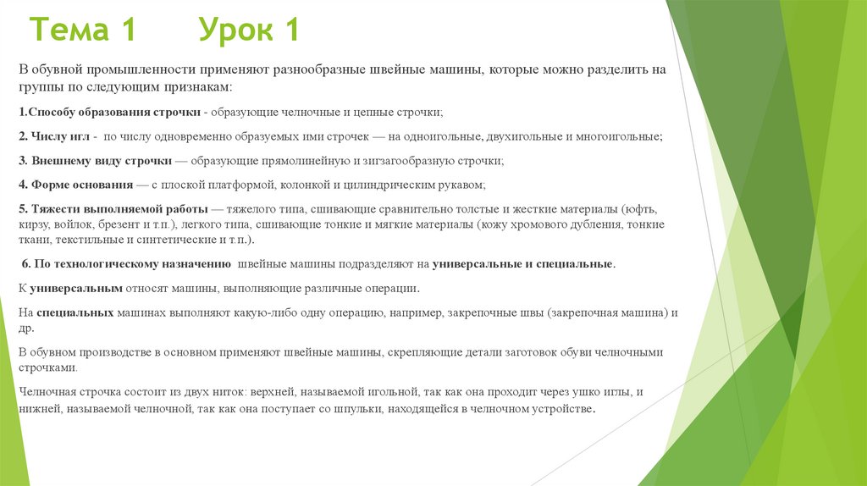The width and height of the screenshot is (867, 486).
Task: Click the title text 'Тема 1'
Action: click(x=83, y=30)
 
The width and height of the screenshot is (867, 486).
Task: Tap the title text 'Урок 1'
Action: click(x=249, y=30)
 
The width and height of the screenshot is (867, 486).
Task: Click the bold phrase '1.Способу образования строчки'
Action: click(x=109, y=112)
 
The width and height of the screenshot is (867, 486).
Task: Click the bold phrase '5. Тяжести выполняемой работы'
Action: click(x=109, y=208)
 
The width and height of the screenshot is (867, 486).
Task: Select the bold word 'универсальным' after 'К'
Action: click(x=75, y=289)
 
